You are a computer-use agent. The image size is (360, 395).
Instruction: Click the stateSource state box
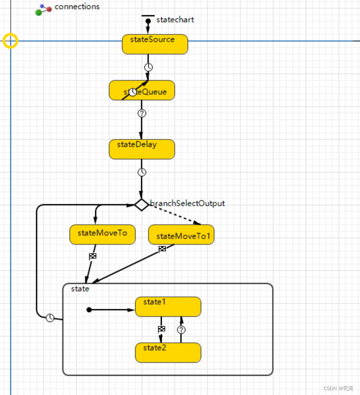click(155, 45)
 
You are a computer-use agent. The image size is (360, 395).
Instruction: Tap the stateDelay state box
click(142, 150)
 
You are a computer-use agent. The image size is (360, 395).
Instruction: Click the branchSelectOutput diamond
click(141, 204)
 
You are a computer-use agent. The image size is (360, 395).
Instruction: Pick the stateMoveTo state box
click(102, 235)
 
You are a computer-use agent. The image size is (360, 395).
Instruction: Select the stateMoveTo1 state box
click(182, 235)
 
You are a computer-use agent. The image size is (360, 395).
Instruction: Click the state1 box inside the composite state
click(168, 307)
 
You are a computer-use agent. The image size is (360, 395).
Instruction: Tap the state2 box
click(168, 353)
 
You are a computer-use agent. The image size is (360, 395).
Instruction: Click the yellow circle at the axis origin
click(10, 41)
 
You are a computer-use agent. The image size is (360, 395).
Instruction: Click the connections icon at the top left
click(43, 9)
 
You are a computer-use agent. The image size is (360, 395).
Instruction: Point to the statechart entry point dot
click(148, 21)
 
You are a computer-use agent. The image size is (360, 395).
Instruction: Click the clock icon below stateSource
click(148, 67)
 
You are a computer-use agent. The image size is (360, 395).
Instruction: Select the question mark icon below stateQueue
click(142, 113)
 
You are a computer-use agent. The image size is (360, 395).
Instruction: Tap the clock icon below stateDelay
click(142, 172)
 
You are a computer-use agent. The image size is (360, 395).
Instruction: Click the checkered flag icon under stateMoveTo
click(93, 256)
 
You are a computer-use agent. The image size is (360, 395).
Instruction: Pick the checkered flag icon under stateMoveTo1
click(162, 249)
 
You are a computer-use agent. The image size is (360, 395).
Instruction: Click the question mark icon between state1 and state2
click(181, 330)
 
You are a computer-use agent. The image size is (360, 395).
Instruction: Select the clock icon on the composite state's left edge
click(50, 318)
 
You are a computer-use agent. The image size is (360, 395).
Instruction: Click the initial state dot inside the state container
click(89, 310)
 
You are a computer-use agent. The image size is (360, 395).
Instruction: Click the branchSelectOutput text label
click(187, 203)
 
